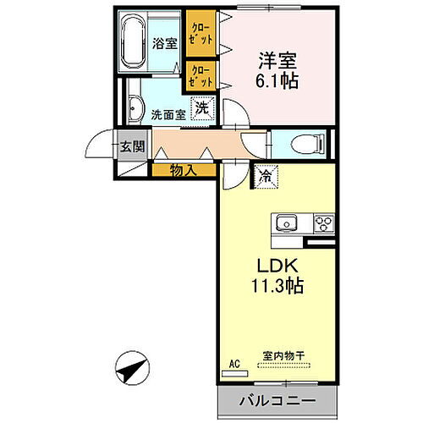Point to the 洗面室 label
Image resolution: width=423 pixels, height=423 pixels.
coord(167,113)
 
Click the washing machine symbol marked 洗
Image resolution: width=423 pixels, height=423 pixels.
coord(202,108)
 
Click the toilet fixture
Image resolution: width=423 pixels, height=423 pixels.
coord(304,144)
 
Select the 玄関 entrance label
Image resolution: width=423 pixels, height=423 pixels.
coord(132,146)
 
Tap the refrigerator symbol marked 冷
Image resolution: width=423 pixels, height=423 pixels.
coord(265,177)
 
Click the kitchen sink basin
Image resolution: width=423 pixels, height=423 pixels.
coord(285,224)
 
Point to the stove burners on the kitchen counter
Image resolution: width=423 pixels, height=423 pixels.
coord(322,224)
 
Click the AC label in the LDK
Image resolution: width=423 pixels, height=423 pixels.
coord(235,364)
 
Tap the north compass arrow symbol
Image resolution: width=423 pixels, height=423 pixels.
coord(131,369)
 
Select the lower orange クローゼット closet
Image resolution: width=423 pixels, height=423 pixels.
coord(200,76)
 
